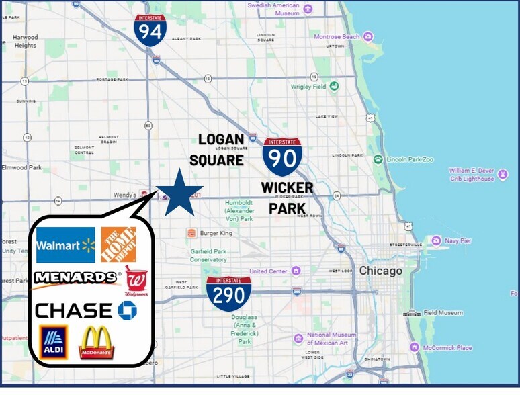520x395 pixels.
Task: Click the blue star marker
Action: pos(179,193)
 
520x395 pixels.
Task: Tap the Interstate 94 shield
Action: pos(150,30)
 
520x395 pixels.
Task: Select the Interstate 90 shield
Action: pos(282,156)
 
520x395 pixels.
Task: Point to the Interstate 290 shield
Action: pos(228,294)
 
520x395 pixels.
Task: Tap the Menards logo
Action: pos(76,277)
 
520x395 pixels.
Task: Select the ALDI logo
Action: pos(53,342)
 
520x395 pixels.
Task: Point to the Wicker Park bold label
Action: pos(287,197)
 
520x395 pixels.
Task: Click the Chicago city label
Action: pos(380,271)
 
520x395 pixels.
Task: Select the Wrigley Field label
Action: pos(308,87)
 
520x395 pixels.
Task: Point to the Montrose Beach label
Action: pos(337,37)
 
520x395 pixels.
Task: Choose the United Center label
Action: pos(268,271)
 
